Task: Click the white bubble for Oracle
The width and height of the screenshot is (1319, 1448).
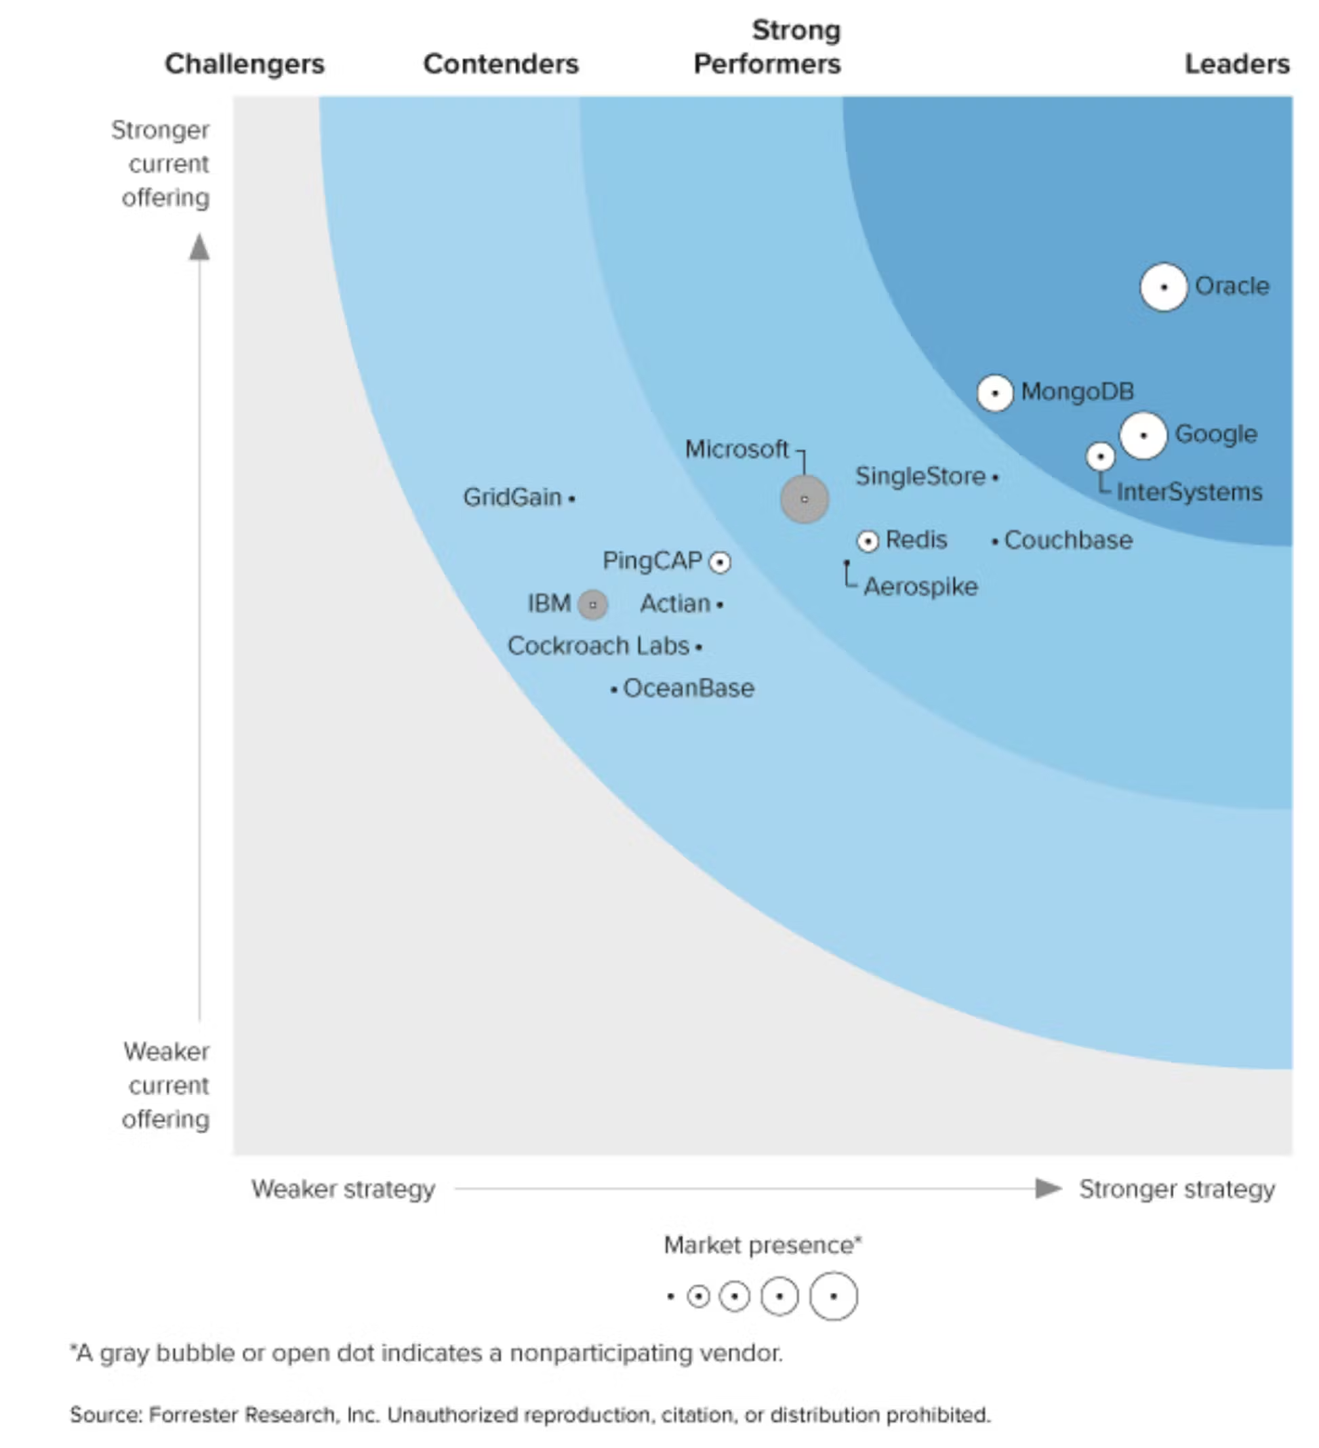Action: click(1163, 287)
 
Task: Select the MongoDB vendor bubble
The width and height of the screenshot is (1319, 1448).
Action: click(994, 393)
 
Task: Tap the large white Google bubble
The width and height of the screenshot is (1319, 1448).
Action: click(1142, 435)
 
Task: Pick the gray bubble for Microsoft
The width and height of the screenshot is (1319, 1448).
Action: click(804, 499)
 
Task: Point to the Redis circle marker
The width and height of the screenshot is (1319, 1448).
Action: click(868, 541)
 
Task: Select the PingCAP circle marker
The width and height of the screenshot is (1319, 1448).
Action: click(720, 562)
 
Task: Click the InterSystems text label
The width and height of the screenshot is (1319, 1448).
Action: click(1189, 492)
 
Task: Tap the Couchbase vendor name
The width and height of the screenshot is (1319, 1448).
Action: click(1068, 540)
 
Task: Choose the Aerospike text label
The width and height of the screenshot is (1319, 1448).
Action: click(920, 587)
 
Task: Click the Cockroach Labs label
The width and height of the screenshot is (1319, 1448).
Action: click(598, 646)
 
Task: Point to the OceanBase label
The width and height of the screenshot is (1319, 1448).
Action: click(688, 688)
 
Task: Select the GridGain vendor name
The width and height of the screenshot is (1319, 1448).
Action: click(512, 497)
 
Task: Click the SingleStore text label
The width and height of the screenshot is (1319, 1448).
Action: click(920, 476)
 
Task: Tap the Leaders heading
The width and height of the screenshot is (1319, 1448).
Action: click(1236, 64)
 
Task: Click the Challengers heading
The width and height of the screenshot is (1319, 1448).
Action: click(244, 64)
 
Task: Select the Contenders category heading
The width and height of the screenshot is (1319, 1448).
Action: click(501, 64)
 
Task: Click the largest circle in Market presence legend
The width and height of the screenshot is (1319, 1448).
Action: click(832, 1296)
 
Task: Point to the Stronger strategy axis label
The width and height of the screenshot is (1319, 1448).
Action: click(1177, 1188)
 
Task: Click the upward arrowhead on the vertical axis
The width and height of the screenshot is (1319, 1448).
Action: click(199, 248)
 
